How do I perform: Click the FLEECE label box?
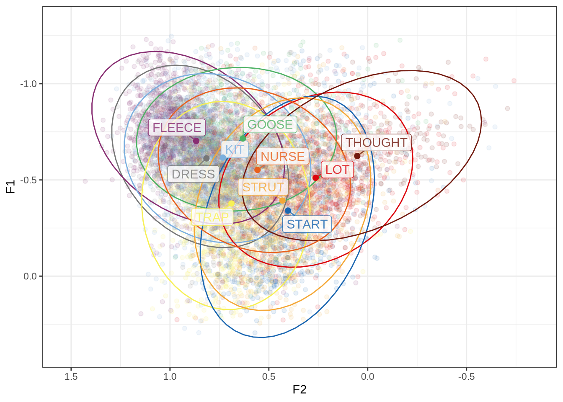point(177,128)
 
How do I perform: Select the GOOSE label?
point(270,124)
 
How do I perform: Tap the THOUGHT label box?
point(376,143)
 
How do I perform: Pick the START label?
point(307,224)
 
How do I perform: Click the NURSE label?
point(283,157)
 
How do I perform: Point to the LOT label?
point(337,170)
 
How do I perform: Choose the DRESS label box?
point(193,174)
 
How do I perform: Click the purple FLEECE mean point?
point(196,141)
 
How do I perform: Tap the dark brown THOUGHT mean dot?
point(357,156)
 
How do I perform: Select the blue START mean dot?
point(288,211)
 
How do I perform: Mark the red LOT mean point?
point(316,178)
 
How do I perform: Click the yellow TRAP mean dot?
point(231,204)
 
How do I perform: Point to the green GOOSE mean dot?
point(243,139)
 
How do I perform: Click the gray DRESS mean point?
point(207,159)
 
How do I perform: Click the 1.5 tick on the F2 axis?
point(71,376)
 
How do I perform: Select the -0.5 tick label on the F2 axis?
point(466,376)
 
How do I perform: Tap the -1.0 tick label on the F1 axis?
point(28,84)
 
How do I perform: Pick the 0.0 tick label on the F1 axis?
point(30,276)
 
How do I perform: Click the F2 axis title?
point(300,390)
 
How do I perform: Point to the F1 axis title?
point(10,186)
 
